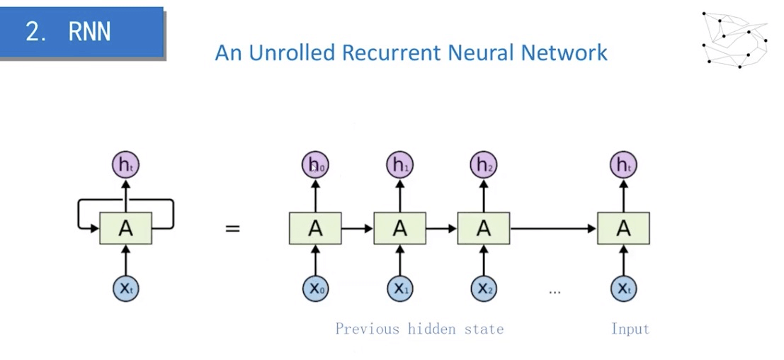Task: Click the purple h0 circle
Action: click(315, 166)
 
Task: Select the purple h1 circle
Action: click(399, 166)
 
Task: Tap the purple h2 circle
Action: click(484, 166)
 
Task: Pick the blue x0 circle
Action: click(315, 288)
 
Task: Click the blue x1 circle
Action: click(399, 288)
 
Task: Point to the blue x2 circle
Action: click(484, 288)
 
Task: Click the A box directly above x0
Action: click(315, 228)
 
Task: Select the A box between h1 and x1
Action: click(399, 228)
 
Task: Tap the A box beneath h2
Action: click(484, 228)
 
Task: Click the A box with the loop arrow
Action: click(125, 228)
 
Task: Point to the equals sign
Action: click(232, 229)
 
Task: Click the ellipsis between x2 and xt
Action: click(555, 291)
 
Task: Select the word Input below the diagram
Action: click(630, 329)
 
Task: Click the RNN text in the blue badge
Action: click(89, 31)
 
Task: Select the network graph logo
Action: click(734, 39)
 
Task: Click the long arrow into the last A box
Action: click(552, 228)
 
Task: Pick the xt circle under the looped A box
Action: click(125, 288)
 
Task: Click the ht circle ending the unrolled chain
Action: click(623, 166)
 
